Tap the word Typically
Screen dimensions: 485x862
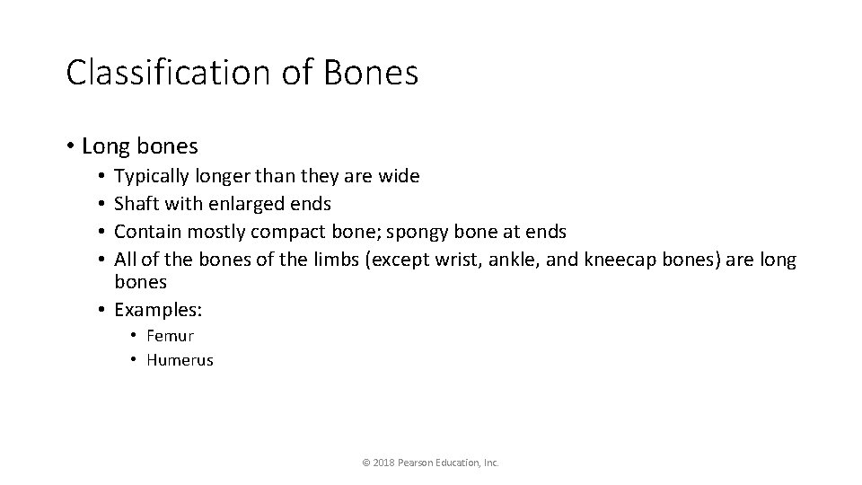[x=150, y=176]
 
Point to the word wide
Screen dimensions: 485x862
[x=400, y=176]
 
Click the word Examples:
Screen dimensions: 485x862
[x=159, y=310]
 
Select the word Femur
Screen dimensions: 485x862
[x=171, y=336]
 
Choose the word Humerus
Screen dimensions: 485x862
[x=180, y=360]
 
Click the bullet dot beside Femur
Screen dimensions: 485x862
[x=132, y=336]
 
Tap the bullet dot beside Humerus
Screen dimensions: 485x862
[x=132, y=360]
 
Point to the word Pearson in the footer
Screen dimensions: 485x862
[x=415, y=463]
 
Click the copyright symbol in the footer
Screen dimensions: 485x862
[x=365, y=463]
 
